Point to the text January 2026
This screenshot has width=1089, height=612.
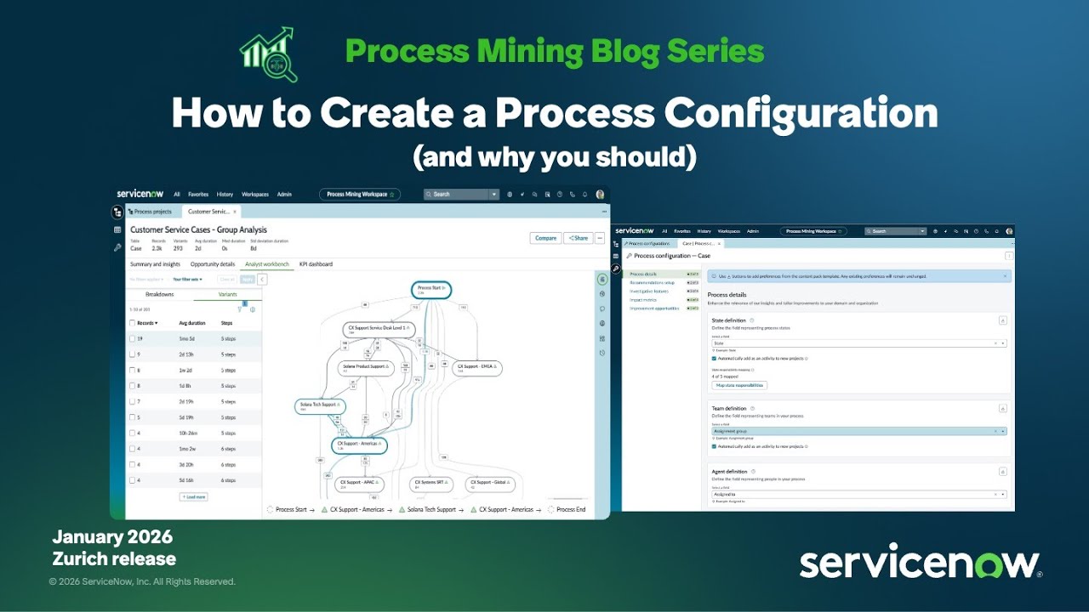pos(112,537)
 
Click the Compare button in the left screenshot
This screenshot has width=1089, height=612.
pos(545,238)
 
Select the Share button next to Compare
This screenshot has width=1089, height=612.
pos(578,238)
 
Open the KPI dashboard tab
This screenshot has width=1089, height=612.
pos(316,264)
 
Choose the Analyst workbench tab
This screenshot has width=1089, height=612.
pos(266,264)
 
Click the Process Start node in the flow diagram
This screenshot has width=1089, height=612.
pos(430,290)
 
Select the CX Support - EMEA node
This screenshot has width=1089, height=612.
pos(476,368)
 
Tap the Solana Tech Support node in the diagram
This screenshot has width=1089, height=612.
pos(321,406)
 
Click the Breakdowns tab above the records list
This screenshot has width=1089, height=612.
pos(159,294)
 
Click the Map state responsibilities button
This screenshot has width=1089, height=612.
pos(738,385)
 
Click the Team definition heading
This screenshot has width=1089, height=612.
pos(729,408)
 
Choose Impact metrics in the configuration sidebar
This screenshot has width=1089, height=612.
pos(643,300)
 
